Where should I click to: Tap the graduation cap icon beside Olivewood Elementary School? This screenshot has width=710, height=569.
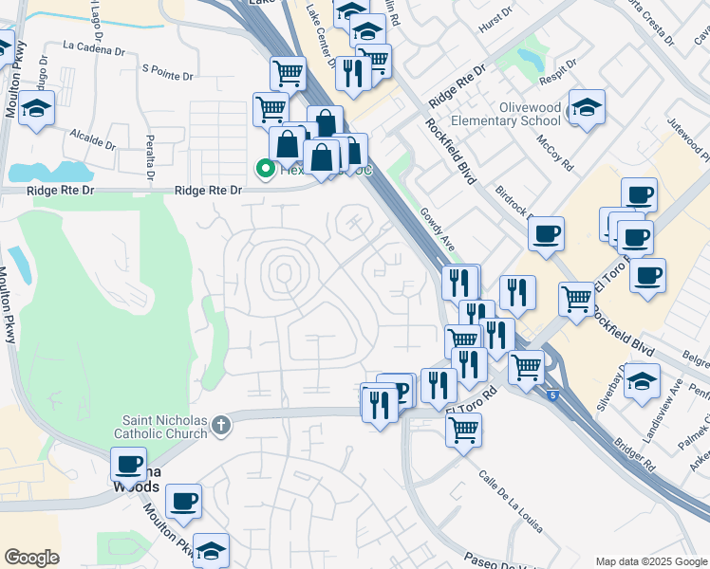[x=587, y=112]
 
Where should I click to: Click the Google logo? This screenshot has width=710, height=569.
[x=31, y=558]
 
